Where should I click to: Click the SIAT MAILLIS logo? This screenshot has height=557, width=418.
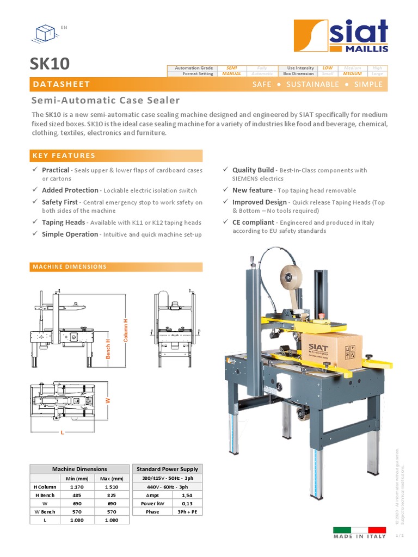341,36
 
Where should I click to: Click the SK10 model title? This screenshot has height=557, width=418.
50,64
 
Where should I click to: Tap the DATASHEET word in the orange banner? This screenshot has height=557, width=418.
61,84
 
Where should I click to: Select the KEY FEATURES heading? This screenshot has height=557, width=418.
64,156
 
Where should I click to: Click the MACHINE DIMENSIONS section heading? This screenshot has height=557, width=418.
70,267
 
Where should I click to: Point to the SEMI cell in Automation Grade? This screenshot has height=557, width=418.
231,68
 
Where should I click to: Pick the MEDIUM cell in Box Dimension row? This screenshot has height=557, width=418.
352,73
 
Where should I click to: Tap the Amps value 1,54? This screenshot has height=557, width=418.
186,496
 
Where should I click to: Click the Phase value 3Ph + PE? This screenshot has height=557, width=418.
186,512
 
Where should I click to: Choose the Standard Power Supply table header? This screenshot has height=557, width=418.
167,469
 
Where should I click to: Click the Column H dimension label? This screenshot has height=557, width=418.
126,331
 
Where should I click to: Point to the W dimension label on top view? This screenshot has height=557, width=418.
108,400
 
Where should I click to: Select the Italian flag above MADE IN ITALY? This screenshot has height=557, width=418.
359,529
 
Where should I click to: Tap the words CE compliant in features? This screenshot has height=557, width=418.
253,222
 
